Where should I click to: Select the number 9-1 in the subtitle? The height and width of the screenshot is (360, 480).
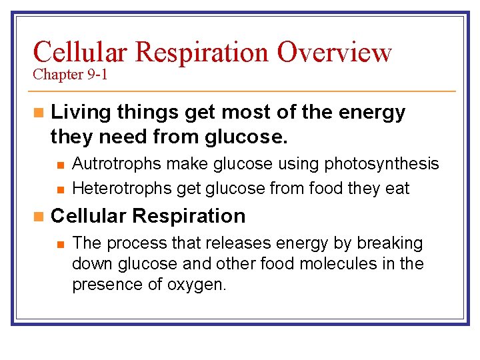pyautogui.click(x=96, y=75)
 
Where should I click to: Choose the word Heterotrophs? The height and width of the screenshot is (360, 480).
pyautogui.click(x=120, y=189)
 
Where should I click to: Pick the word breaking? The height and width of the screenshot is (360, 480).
pyautogui.click(x=389, y=243)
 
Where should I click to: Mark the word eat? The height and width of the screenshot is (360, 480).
pyautogui.click(x=397, y=189)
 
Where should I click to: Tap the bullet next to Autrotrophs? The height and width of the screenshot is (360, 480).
pyautogui.click(x=60, y=165)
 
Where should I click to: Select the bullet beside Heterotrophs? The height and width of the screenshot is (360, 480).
pyautogui.click(x=60, y=189)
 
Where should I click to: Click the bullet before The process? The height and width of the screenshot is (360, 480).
pyautogui.click(x=60, y=244)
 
